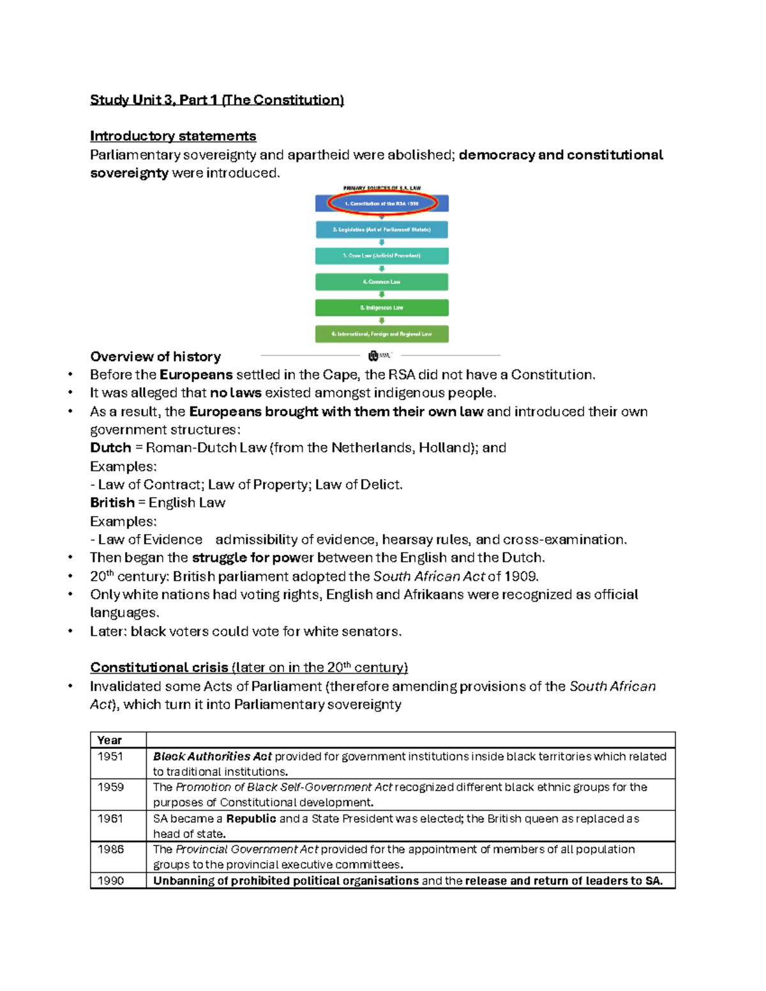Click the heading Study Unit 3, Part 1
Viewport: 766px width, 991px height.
click(x=216, y=100)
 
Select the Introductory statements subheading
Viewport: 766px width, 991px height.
click(x=173, y=136)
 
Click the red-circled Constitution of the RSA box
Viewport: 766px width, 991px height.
click(x=382, y=204)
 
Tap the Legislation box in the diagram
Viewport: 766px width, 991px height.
click(x=382, y=230)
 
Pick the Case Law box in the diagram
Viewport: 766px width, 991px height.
click(x=382, y=256)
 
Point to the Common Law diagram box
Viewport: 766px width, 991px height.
click(x=382, y=282)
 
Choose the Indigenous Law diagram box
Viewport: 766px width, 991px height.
click(x=382, y=308)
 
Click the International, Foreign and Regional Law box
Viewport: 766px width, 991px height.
click(x=382, y=334)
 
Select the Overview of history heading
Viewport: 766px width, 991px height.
click(x=155, y=357)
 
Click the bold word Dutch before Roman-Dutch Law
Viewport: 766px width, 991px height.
click(x=110, y=448)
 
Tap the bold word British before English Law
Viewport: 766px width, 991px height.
click(x=112, y=503)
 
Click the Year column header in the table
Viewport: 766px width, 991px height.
click(x=109, y=740)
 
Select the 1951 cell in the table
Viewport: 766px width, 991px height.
click(x=110, y=757)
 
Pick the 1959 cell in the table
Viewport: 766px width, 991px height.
click(x=110, y=787)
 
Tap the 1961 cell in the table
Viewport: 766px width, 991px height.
click(x=110, y=819)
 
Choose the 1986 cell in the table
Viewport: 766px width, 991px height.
click(x=110, y=849)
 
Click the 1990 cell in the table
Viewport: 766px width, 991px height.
click(x=110, y=881)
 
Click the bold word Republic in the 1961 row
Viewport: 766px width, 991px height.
click(x=251, y=819)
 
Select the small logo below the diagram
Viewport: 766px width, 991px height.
click(x=379, y=355)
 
